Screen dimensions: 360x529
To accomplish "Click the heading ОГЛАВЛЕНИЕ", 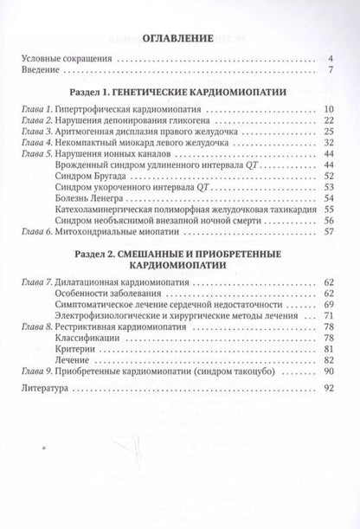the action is pos(178,39).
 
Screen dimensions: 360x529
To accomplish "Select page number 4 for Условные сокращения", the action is pos(332,60).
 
